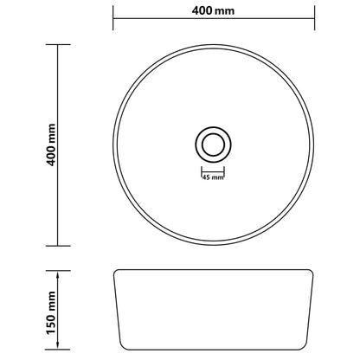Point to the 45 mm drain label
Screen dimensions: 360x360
(212, 178)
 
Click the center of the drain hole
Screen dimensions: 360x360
(212, 142)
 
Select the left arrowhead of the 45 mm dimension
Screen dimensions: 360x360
(202, 171)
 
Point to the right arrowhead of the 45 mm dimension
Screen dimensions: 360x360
(222, 171)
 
